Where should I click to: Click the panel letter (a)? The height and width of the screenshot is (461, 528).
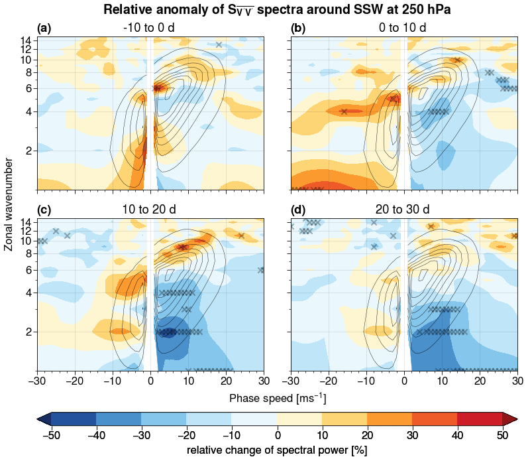click(44, 28)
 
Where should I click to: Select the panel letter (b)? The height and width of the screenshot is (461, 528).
click(298, 28)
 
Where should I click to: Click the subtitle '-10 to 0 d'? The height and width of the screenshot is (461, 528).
click(149, 28)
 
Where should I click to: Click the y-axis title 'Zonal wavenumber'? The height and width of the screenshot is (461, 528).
click(9, 204)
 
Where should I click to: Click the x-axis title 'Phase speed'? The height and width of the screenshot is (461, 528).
click(277, 399)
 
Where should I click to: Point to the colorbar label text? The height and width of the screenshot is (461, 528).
click(277, 450)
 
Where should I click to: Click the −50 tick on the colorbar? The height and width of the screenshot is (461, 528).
click(51, 434)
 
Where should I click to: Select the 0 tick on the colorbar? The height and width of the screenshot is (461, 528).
click(277, 434)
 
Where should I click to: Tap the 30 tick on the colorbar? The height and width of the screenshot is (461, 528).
click(412, 434)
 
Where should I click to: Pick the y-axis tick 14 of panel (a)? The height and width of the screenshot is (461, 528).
click(27, 40)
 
